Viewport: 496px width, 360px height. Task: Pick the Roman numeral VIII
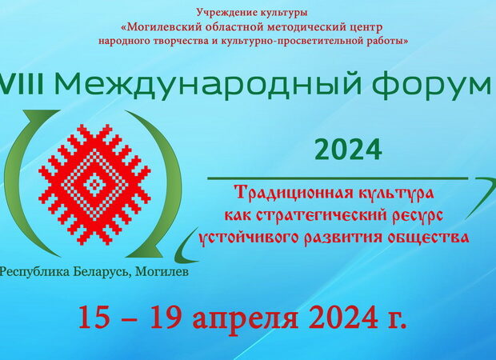point(22,85)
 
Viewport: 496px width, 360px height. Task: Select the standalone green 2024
point(348,150)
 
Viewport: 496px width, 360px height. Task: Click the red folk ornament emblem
point(94,185)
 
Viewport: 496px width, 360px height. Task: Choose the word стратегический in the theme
point(322,216)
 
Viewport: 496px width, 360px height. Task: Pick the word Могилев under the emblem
point(162,272)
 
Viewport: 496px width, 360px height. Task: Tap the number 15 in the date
point(94,317)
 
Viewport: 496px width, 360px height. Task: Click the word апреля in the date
point(246,319)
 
